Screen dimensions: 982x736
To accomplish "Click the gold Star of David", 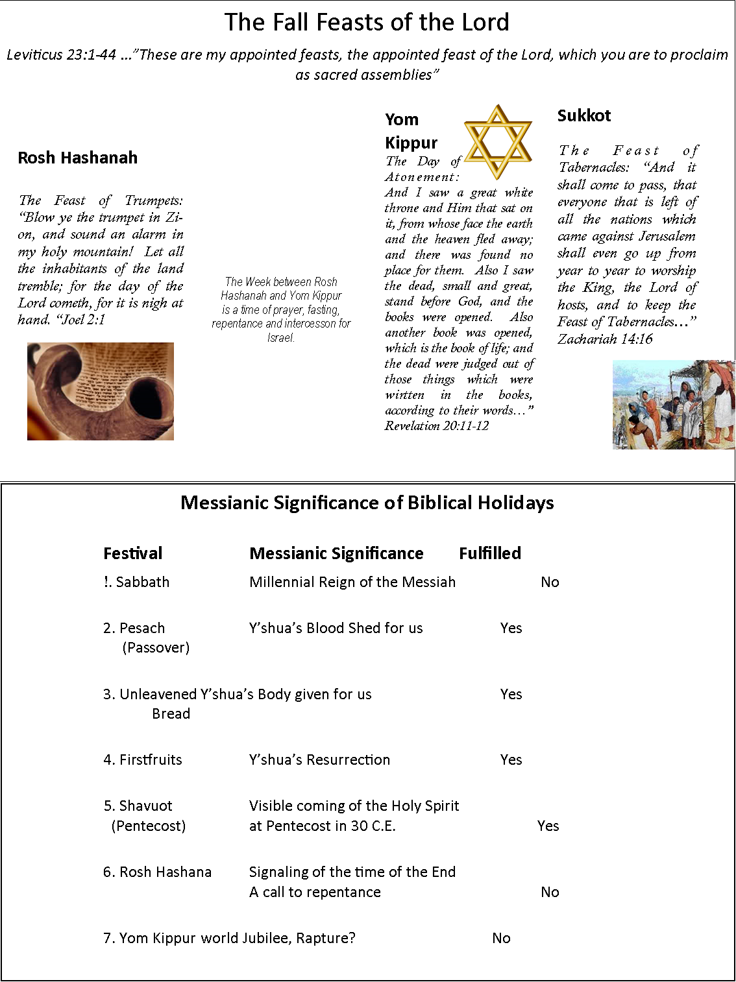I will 498,142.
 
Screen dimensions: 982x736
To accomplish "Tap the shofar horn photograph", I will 101,391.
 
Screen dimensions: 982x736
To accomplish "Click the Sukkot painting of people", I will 674,405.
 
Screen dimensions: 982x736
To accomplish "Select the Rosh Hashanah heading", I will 78,158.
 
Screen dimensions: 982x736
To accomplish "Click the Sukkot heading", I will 584,115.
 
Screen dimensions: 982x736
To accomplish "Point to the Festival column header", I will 132,553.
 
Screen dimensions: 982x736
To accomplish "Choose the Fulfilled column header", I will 490,553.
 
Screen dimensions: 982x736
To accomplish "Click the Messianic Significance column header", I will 336,553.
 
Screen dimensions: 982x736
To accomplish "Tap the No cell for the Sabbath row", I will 550,582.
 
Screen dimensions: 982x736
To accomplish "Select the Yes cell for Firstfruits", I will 511,760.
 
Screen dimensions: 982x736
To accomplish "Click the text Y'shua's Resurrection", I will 319,760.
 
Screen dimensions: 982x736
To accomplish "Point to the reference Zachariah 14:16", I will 605,339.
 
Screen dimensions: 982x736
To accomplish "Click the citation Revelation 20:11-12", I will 436,425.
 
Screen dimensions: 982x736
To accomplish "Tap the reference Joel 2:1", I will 81,319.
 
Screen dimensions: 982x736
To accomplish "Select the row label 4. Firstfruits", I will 143,760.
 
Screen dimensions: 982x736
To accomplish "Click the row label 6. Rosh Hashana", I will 157,872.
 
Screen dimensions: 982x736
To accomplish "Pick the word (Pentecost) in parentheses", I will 149,826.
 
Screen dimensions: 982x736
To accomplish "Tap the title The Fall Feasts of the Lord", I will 367,22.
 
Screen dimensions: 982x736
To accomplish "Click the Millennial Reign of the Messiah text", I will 352,582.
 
